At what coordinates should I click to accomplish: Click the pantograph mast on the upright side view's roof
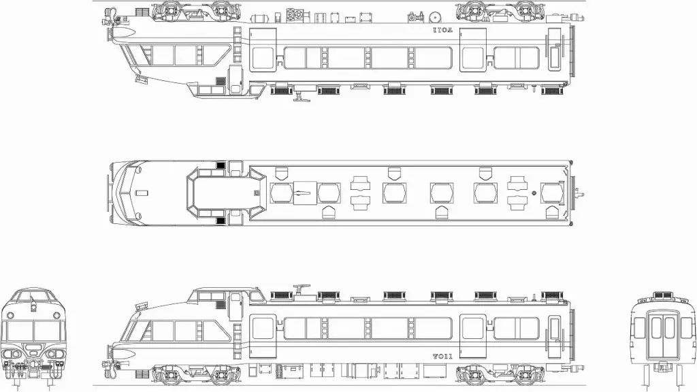[299, 291]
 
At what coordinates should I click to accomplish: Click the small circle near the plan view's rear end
[534, 193]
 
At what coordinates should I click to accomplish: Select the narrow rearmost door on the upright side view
[556, 329]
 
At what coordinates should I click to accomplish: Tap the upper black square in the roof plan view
[220, 166]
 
